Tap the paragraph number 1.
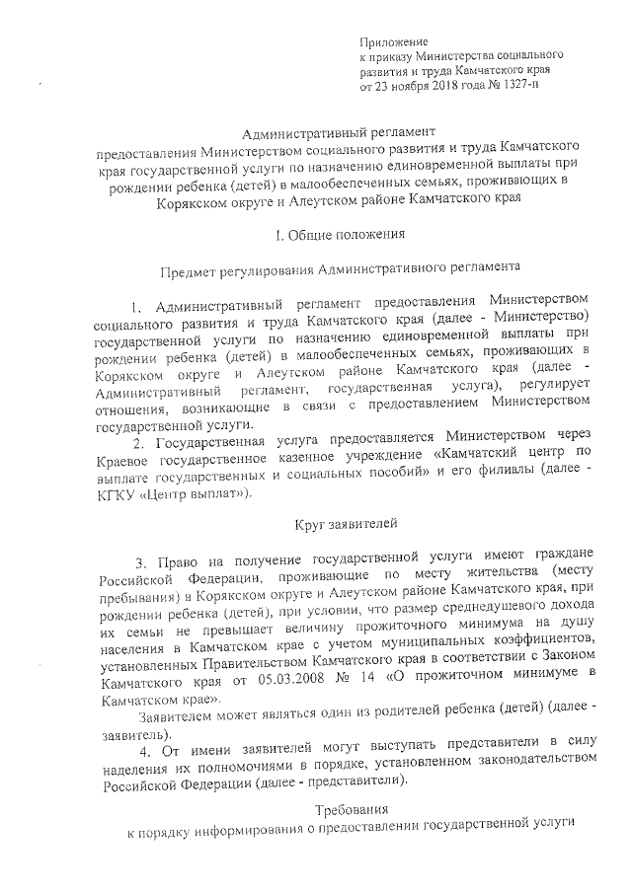click(x=138, y=300)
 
